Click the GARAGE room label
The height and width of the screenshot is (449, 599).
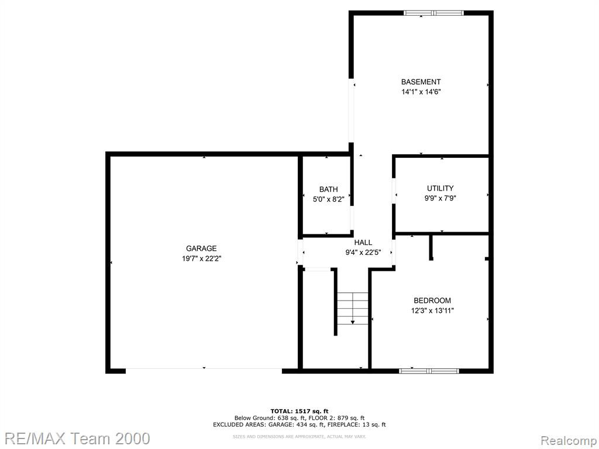[201, 248]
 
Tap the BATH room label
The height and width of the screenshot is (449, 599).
[329, 189]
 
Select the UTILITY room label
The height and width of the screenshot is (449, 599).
[440, 188]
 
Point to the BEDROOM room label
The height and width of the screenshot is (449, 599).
[432, 301]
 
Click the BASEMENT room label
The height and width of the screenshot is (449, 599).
[421, 82]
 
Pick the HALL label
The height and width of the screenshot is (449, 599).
[363, 243]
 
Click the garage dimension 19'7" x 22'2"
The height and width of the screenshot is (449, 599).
[202, 258]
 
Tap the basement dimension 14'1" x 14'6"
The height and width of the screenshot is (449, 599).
[421, 92]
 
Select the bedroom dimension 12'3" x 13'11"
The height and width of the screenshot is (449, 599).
[432, 310]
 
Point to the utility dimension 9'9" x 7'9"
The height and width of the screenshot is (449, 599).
[440, 198]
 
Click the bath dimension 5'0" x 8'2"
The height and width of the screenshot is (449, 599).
[329, 199]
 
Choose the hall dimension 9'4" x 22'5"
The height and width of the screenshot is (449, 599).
[363, 253]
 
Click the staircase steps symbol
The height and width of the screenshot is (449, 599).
[352, 309]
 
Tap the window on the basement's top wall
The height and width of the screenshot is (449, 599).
[433, 13]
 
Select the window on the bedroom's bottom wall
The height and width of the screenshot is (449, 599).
[429, 371]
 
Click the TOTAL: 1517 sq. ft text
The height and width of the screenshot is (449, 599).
[299, 411]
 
